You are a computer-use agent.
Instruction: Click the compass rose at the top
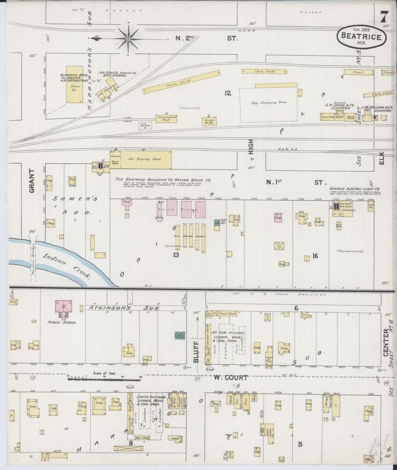[x=128, y=39]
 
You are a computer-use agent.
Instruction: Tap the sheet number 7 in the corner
[x=384, y=18]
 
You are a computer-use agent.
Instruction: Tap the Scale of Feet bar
[x=105, y=378]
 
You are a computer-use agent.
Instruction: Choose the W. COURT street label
[x=231, y=378]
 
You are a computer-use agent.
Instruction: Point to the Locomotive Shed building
[x=166, y=118]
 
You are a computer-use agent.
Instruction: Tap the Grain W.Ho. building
[x=209, y=121]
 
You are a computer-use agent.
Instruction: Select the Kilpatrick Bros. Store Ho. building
[x=75, y=84]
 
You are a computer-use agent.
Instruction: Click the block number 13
[x=176, y=255]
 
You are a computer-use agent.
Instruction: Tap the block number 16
[x=315, y=256]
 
